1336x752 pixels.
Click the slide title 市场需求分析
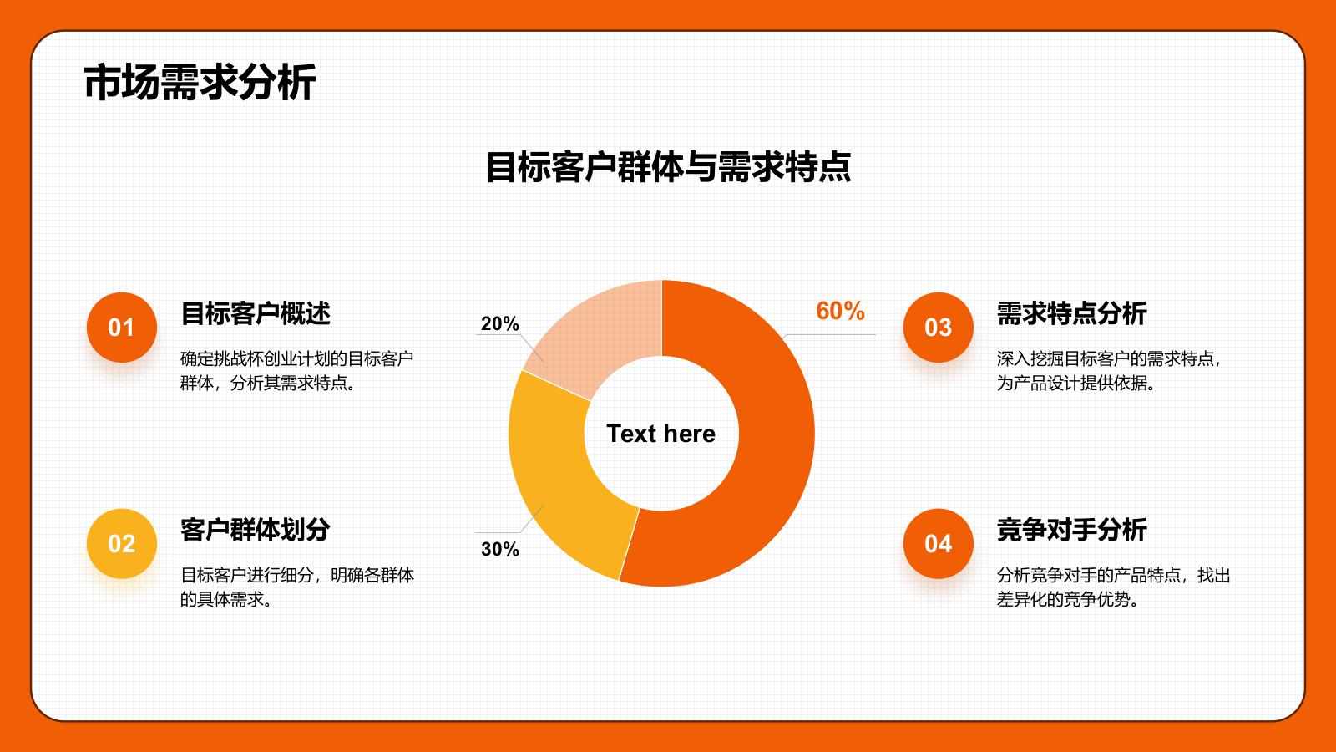pyautogui.click(x=200, y=83)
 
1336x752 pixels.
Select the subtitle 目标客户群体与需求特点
pyautogui.click(x=668, y=167)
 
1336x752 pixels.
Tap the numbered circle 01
pyautogui.click(x=122, y=328)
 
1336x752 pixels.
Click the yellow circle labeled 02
pyautogui.click(x=122, y=544)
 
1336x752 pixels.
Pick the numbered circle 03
pyautogui.click(x=939, y=328)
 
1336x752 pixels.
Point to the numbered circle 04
pyautogui.click(x=939, y=544)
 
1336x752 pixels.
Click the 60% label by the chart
pyautogui.click(x=840, y=311)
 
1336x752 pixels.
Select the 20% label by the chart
pyautogui.click(x=499, y=323)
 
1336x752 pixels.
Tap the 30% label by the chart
pyautogui.click(x=499, y=549)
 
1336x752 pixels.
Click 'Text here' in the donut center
pyautogui.click(x=660, y=434)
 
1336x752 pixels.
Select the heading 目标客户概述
pyautogui.click(x=256, y=313)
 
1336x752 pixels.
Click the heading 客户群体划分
pyautogui.click(x=256, y=530)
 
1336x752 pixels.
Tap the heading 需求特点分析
pyautogui.click(x=1071, y=313)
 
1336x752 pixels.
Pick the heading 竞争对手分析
pyautogui.click(x=1071, y=530)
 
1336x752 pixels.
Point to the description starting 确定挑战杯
pyautogui.click(x=296, y=371)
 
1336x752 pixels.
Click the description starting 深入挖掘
pyautogui.click(x=1109, y=371)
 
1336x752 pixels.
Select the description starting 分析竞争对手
pyautogui.click(x=1113, y=587)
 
